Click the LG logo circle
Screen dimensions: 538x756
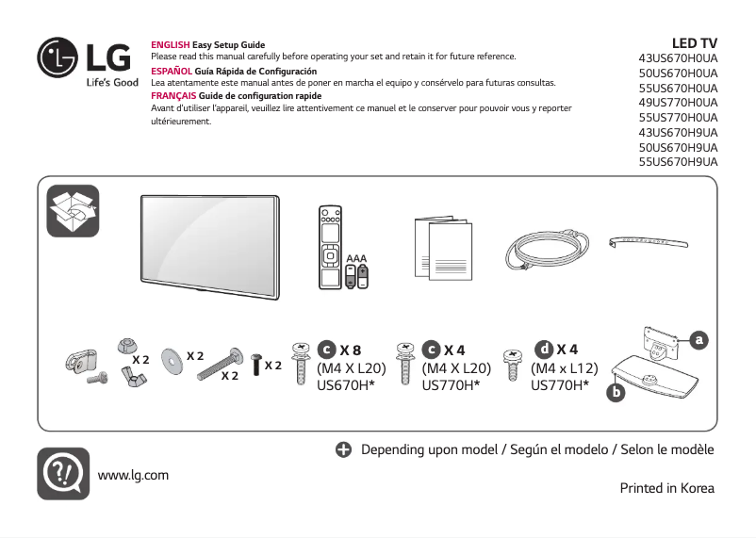58,57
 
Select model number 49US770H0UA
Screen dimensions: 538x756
678,102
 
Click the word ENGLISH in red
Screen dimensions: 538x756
171,45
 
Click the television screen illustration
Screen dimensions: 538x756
209,246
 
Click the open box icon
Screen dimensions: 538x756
74,211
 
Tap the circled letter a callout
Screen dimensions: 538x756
698,338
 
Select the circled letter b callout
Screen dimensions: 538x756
616,391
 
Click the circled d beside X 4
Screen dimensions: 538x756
544,351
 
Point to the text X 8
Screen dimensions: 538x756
351,351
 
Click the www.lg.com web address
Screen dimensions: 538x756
133,474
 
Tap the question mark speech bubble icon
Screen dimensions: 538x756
63,473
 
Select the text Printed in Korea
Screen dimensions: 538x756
666,488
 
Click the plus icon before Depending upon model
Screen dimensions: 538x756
344,449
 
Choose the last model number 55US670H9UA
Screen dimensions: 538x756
678,161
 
